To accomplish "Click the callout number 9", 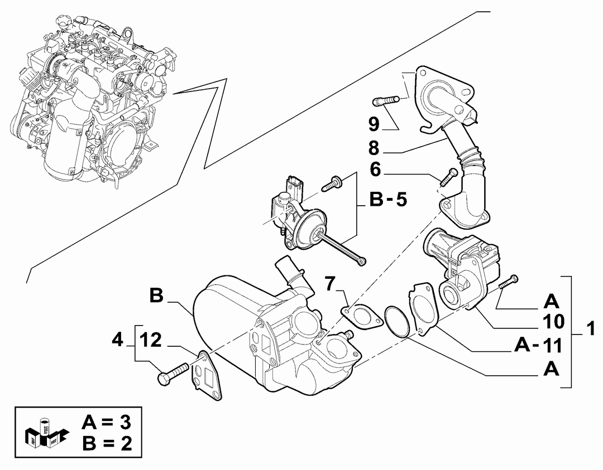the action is tap(374, 124).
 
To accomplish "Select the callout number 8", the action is tap(374, 148).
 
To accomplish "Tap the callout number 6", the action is tap(375, 169).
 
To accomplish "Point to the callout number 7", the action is tap(331, 284).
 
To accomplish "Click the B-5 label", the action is tap(388, 200).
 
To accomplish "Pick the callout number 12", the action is tap(150, 340).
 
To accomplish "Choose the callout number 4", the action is tap(117, 340).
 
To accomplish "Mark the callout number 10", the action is tap(553, 321).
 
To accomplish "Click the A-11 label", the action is tap(538, 346).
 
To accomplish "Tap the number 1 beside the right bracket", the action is tap(590, 329).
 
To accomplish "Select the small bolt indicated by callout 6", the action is tap(448, 177).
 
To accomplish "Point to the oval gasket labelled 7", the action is tap(361, 317).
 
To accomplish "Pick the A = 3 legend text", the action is tap(106, 423).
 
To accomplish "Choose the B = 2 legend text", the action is tap(107, 444).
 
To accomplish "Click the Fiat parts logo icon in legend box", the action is tap(46, 433).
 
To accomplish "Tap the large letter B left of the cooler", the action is tap(156, 296).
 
